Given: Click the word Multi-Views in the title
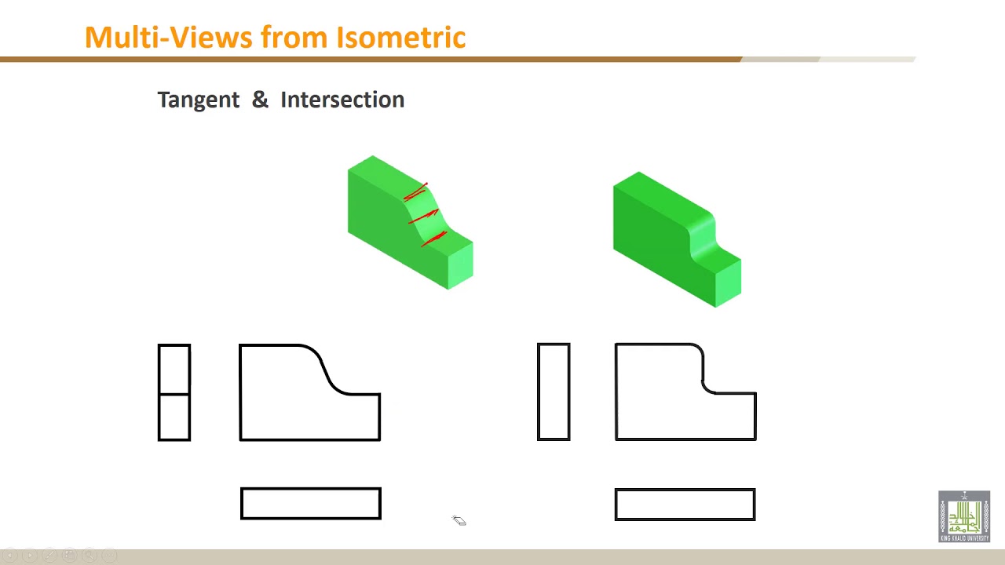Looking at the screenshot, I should (169, 37).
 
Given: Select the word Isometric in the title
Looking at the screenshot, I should (400, 37).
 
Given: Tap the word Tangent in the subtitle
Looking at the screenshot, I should (198, 100).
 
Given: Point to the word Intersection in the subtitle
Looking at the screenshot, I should (342, 100).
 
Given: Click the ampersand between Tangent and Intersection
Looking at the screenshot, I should (260, 100).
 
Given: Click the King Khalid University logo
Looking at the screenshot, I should (964, 516).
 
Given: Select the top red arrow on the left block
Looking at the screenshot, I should (416, 191).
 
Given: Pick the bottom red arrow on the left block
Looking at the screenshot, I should (434, 237).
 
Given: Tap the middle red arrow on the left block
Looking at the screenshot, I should (423, 216).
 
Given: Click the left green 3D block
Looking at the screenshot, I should (385, 212).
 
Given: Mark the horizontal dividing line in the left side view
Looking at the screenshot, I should (174, 393).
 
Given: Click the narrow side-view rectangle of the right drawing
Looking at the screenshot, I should (554, 392).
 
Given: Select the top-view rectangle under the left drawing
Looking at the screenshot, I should (311, 504).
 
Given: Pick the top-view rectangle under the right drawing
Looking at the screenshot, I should (685, 505).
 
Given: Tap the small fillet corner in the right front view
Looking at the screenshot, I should (706, 386).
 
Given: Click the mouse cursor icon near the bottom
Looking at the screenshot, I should (459, 521).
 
